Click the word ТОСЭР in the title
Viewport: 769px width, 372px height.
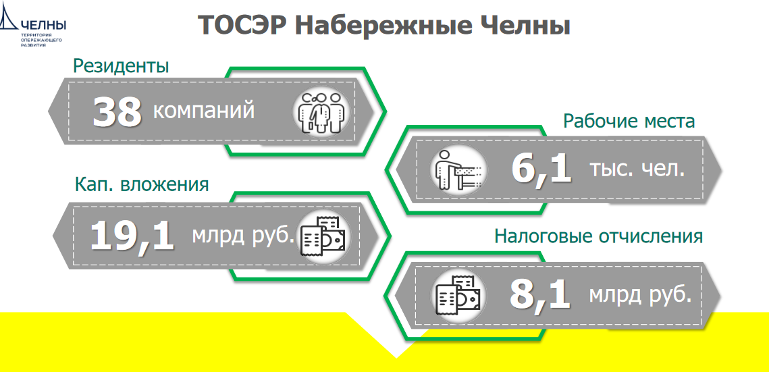pyautogui.click(x=241, y=26)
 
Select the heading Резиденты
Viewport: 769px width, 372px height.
pyautogui.click(x=121, y=66)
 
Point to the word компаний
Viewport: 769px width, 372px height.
pyautogui.click(x=204, y=111)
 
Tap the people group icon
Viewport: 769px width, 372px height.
pyautogui.click(x=321, y=112)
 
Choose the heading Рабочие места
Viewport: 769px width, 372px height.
pyautogui.click(x=629, y=121)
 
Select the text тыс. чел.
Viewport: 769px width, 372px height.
pyautogui.click(x=636, y=169)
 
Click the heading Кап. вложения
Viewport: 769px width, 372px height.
pyautogui.click(x=142, y=185)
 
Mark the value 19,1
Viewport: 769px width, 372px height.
pyautogui.click(x=132, y=235)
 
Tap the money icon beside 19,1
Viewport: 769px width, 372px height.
pyautogui.click(x=323, y=236)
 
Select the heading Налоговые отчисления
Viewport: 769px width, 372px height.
pyautogui.click(x=598, y=236)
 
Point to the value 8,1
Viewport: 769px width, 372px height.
pyautogui.click(x=540, y=295)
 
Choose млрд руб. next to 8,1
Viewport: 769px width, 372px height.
pyautogui.click(x=640, y=294)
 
